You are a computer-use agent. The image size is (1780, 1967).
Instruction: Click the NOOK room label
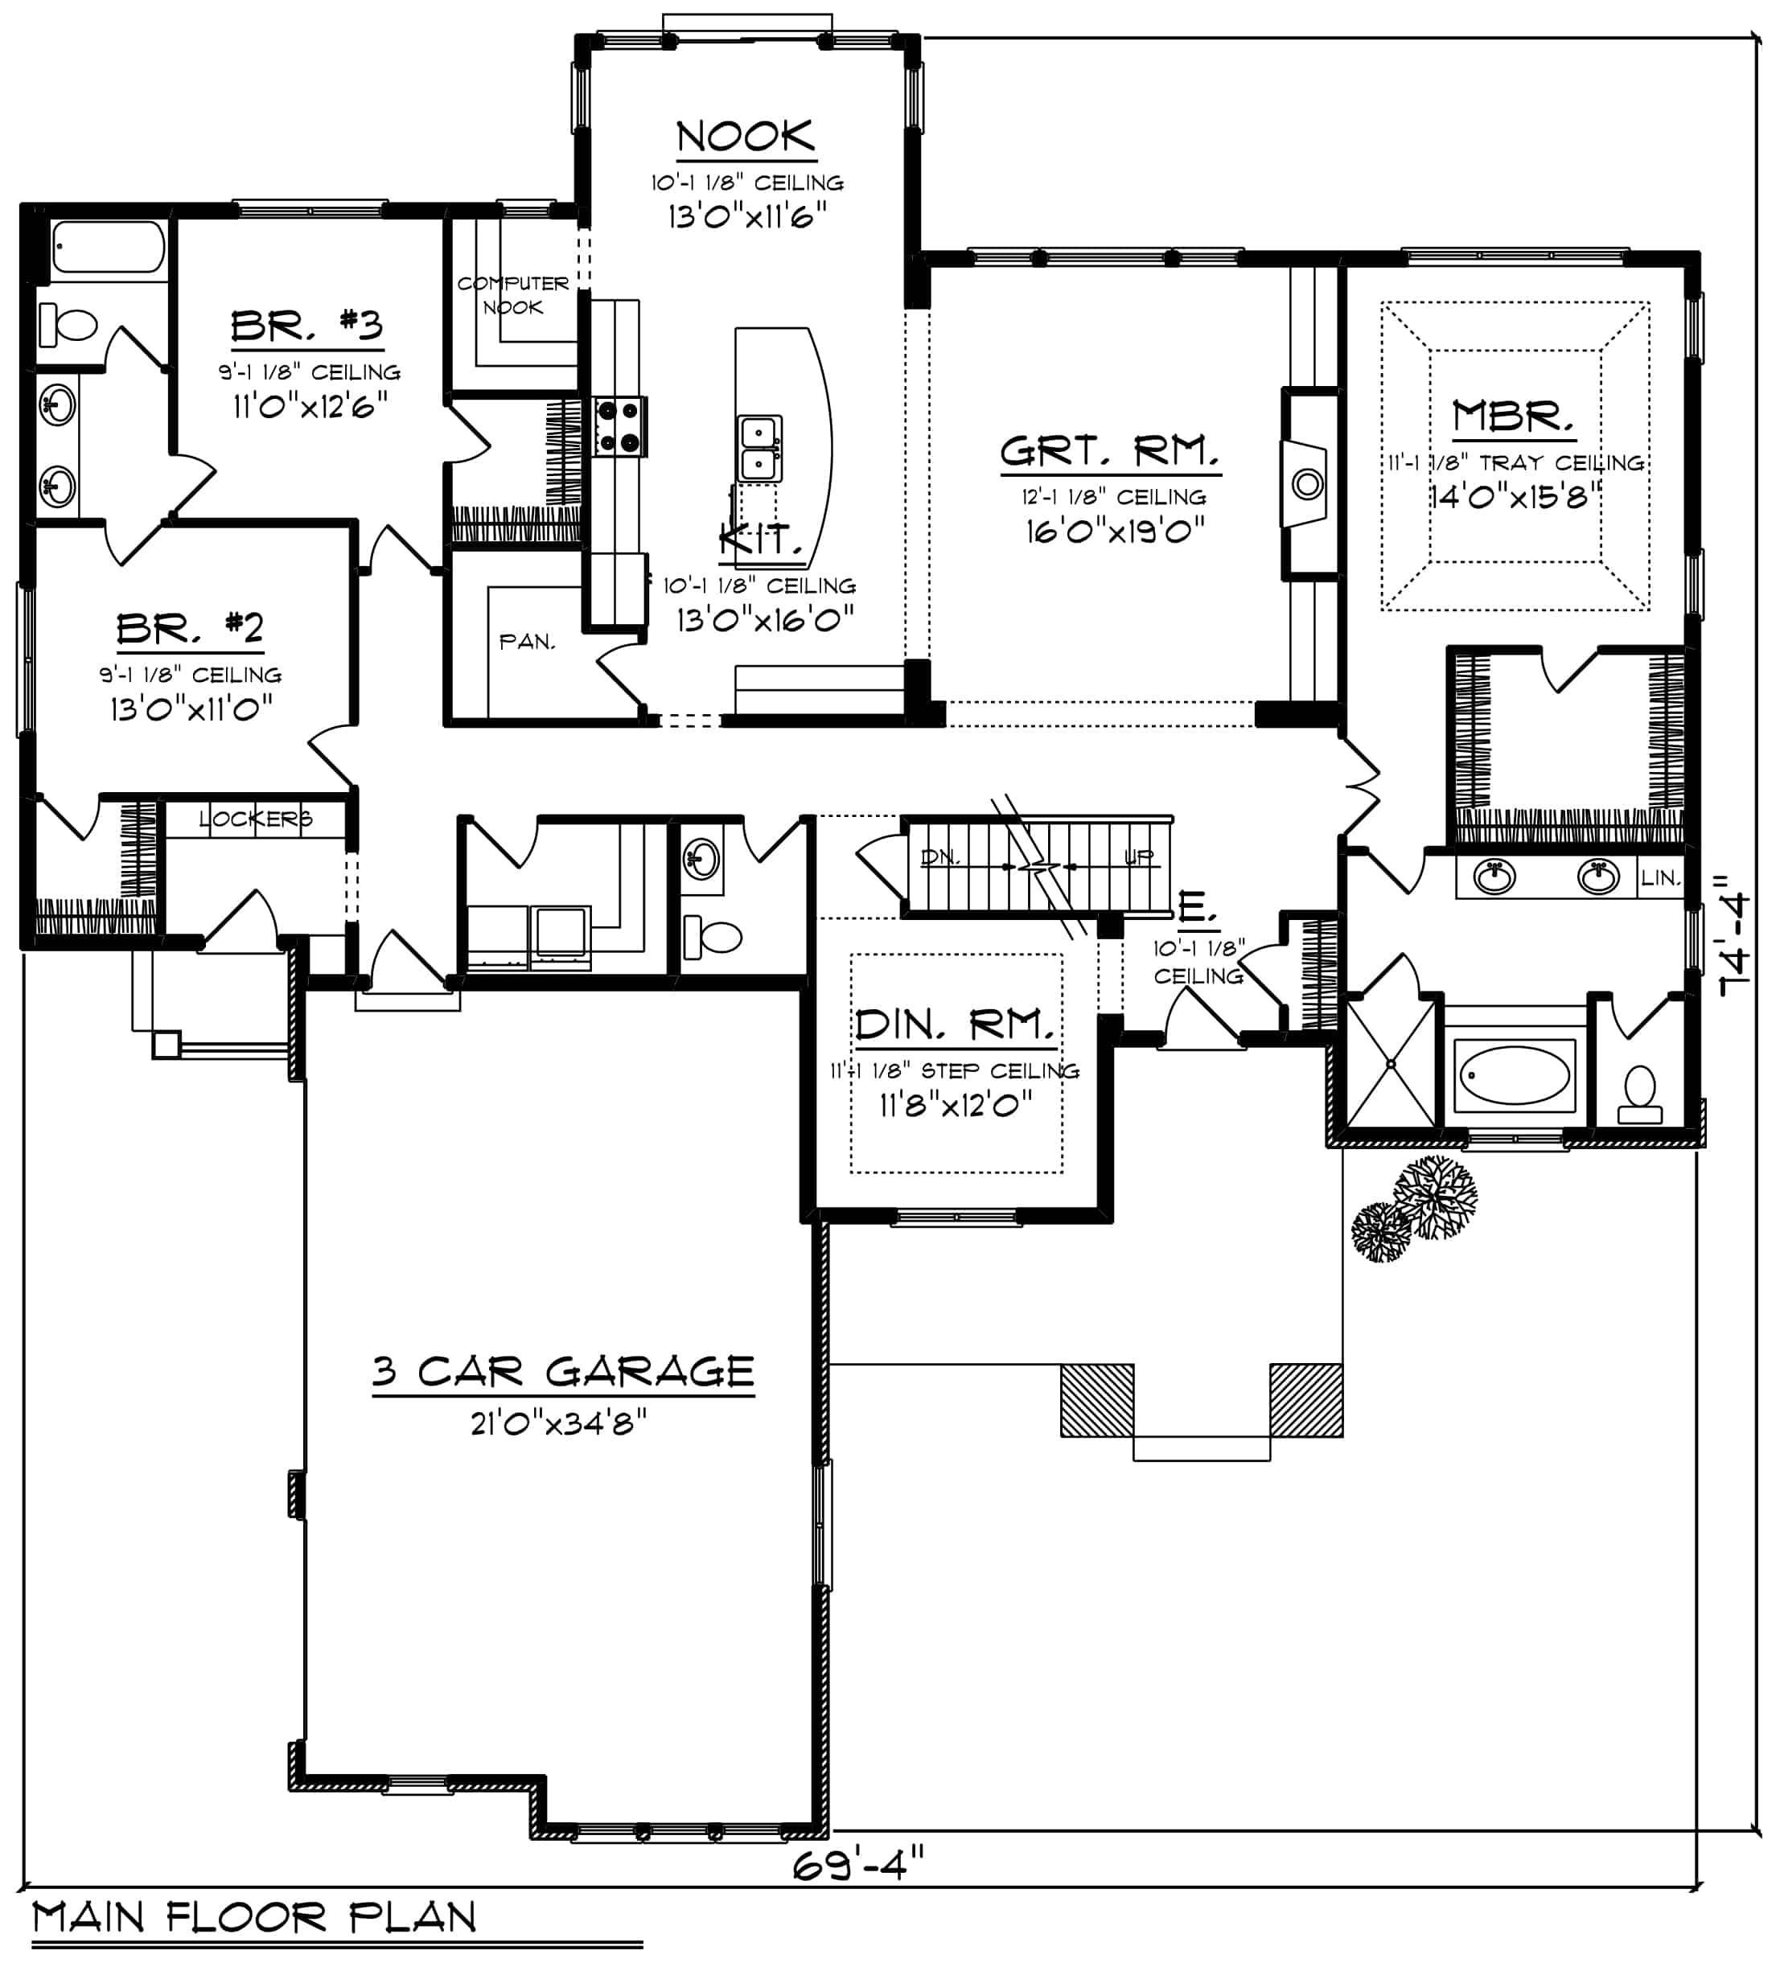(x=746, y=137)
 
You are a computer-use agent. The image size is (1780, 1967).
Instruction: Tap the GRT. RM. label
(x=1111, y=452)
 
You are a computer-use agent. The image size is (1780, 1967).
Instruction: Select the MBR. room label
(x=1513, y=417)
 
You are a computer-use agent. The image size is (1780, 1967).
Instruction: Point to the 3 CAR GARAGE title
(x=563, y=1371)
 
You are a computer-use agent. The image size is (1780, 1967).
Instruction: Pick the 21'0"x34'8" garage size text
(x=558, y=1423)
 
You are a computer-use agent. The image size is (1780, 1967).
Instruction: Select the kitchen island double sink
(x=759, y=448)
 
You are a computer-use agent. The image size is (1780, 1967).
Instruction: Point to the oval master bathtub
(x=1515, y=1076)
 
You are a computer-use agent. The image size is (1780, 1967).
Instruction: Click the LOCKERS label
(x=256, y=819)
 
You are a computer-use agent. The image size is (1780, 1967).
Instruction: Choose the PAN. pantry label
(x=527, y=642)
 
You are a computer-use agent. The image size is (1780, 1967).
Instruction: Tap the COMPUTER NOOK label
(x=513, y=294)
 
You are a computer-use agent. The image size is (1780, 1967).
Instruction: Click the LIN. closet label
(x=1660, y=878)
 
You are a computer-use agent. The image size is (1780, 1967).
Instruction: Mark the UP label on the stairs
(x=1139, y=856)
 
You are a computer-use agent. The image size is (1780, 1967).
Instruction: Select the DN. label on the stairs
(x=939, y=856)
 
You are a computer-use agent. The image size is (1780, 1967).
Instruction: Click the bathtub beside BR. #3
(x=109, y=247)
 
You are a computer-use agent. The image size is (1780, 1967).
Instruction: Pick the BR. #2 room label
(x=191, y=628)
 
